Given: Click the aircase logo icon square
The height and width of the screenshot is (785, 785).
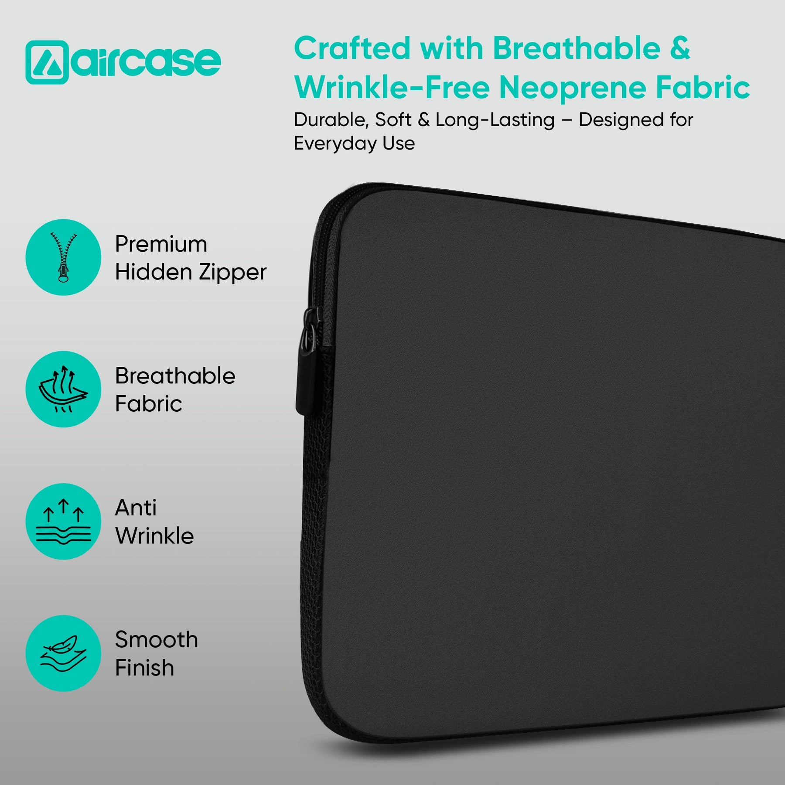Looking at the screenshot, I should pyautogui.click(x=47, y=62).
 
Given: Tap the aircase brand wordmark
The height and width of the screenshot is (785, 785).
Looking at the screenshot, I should pyautogui.click(x=146, y=61).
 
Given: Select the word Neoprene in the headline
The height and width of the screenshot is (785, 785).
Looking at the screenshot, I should pyautogui.click(x=572, y=88).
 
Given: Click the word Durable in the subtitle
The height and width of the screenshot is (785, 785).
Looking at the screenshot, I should pyautogui.click(x=331, y=120).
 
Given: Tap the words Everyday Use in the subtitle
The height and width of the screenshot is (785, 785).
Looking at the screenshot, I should pyautogui.click(x=354, y=143).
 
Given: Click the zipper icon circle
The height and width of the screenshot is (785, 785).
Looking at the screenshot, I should pyautogui.click(x=64, y=257).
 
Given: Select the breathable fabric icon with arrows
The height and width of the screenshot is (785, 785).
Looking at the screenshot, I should pyautogui.click(x=64, y=389).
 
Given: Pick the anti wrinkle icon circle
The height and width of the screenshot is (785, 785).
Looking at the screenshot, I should pyautogui.click(x=64, y=521).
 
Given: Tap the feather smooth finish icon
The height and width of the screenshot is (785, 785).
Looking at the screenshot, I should pyautogui.click(x=64, y=653).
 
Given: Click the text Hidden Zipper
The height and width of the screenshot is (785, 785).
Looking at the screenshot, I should pyautogui.click(x=191, y=273).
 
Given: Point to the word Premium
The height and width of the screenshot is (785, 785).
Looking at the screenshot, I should pyautogui.click(x=161, y=244).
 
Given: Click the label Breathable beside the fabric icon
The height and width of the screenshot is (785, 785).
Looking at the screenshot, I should pyautogui.click(x=175, y=375).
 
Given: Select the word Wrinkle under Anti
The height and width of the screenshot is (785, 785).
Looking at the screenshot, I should pyautogui.click(x=154, y=536).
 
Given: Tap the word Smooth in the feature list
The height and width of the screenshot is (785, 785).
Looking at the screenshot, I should pyautogui.click(x=157, y=640).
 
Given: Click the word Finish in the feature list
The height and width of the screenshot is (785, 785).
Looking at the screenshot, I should pyautogui.click(x=144, y=668).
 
